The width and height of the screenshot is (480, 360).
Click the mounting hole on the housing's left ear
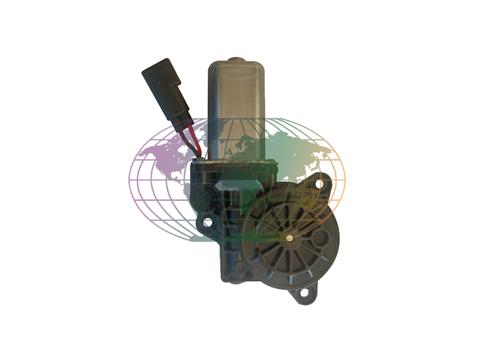[x=208, y=222]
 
